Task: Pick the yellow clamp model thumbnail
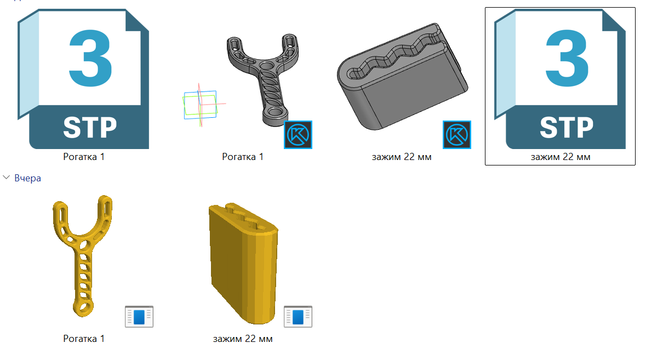tap(243, 264)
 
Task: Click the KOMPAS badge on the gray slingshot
tap(298, 135)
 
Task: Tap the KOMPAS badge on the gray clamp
tap(457, 135)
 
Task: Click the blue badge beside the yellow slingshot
tap(139, 317)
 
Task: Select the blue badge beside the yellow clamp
tap(298, 317)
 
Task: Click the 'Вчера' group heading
tap(27, 178)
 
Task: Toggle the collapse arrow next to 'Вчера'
tap(6, 178)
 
